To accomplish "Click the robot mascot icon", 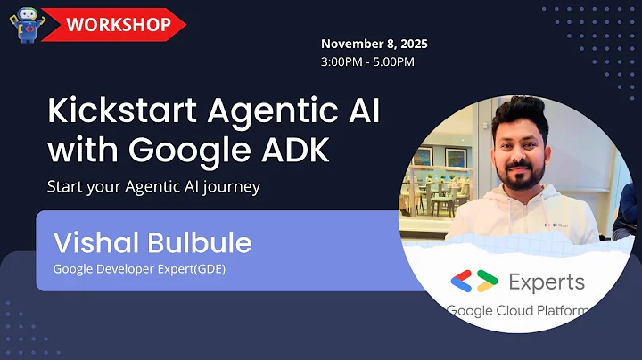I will coord(28,25).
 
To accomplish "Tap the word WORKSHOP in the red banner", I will coord(117,24).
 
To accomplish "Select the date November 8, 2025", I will coord(375,44).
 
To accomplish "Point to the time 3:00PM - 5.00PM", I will coord(367,61).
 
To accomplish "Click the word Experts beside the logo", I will coord(547,282).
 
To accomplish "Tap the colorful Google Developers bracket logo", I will coord(473,282).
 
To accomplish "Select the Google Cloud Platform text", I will coord(517,311).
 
